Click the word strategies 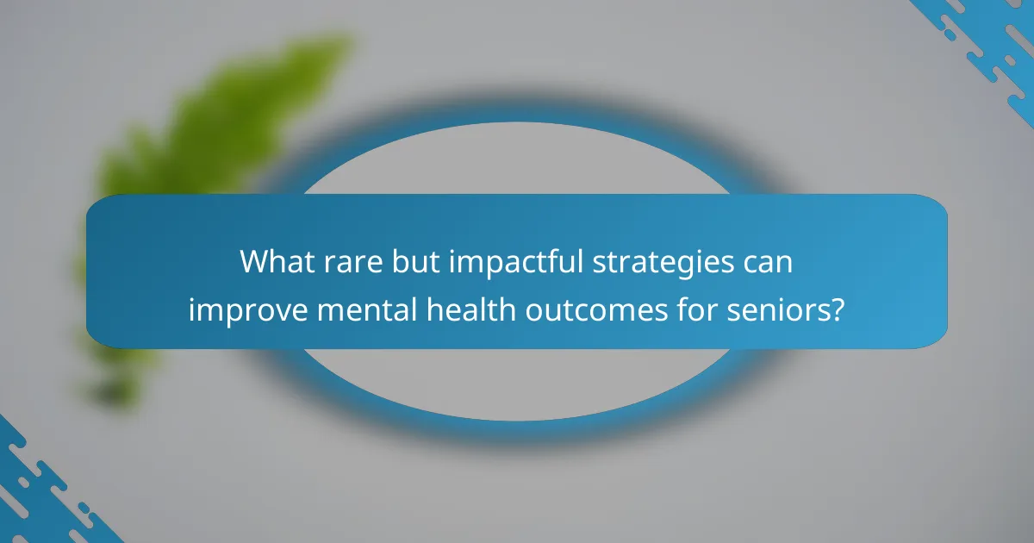coord(666,261)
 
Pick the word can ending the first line coord(767,261)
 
